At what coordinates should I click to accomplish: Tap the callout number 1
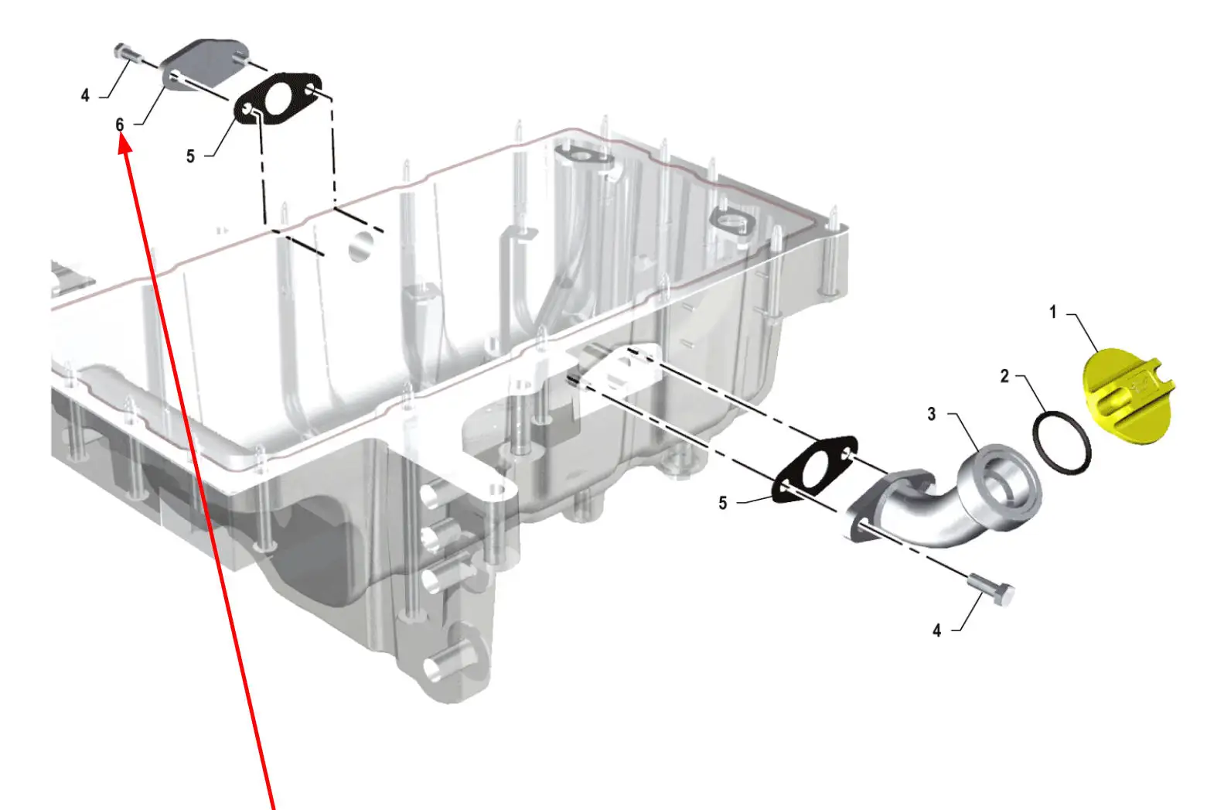tap(1052, 312)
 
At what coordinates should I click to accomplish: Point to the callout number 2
tap(1004, 376)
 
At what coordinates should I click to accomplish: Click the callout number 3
tap(932, 415)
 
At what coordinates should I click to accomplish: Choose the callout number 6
tap(120, 124)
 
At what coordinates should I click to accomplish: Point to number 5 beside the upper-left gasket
tap(190, 156)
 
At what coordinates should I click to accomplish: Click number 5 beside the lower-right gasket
tap(723, 503)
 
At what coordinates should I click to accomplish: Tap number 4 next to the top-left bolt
tap(85, 95)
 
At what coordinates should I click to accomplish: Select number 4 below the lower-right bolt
tap(936, 631)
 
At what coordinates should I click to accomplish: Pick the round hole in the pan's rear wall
tap(361, 245)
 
